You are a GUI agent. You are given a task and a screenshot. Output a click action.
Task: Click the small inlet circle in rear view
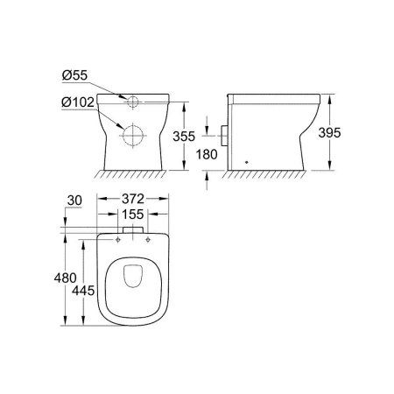133,101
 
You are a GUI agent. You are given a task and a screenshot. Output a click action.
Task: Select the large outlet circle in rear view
133,136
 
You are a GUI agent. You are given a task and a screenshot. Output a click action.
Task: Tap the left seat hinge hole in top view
117,237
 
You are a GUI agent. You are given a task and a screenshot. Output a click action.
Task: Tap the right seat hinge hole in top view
148,237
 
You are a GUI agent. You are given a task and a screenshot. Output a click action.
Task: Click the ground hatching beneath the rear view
133,175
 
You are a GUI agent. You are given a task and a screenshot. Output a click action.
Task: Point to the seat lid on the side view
271,92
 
